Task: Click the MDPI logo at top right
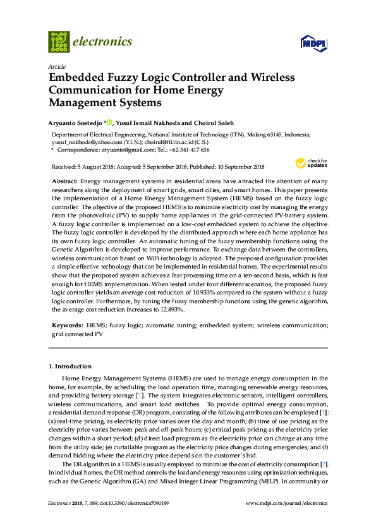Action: click(312, 44)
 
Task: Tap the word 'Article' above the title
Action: click(56, 66)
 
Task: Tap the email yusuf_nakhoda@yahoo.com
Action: click(82, 143)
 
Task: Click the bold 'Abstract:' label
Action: click(64, 181)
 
